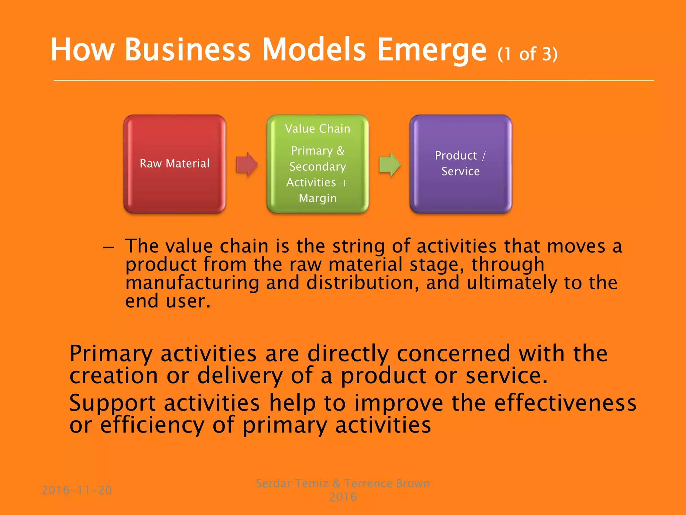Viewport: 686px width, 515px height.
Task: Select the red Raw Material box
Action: tap(175, 164)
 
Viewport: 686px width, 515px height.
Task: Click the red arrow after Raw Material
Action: tap(247, 164)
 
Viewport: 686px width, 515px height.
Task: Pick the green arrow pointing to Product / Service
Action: tap(390, 164)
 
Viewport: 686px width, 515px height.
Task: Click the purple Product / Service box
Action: tap(461, 164)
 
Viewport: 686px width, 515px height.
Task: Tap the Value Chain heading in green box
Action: tap(318, 129)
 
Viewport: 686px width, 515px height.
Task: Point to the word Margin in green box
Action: tap(318, 198)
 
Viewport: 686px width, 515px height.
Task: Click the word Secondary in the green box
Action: tap(318, 167)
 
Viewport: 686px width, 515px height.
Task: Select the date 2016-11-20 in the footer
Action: tap(77, 490)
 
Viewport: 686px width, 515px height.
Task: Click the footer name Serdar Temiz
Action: tap(292, 483)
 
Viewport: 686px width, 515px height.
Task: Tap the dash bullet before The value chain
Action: tap(109, 247)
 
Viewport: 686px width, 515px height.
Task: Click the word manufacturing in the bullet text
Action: tap(192, 283)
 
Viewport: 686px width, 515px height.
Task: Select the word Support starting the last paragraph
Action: tap(112, 403)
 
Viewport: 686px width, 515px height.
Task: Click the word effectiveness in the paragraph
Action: tap(565, 403)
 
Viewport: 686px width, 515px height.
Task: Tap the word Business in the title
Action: tap(188, 50)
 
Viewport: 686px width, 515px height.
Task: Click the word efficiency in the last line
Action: tap(152, 425)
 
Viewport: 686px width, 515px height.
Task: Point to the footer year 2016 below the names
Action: tap(343, 497)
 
